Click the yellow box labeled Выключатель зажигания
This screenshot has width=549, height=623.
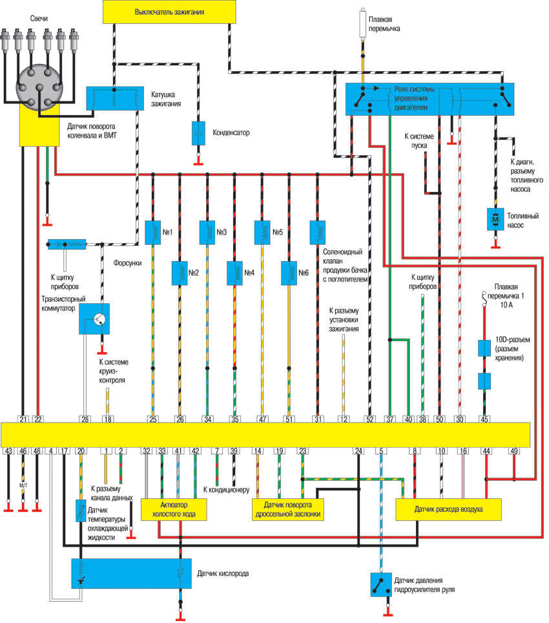click(x=169, y=12)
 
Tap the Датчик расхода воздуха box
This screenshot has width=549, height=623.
click(x=449, y=509)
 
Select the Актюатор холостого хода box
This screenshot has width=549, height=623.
click(x=174, y=509)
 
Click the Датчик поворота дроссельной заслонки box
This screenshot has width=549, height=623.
click(x=288, y=509)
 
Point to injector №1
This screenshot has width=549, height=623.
click(x=153, y=233)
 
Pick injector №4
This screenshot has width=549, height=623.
click(x=234, y=273)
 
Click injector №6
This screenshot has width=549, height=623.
click(x=289, y=273)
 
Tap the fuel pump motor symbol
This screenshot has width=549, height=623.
click(x=495, y=219)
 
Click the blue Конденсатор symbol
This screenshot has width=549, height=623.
click(x=198, y=132)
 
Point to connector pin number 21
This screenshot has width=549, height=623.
click(x=23, y=419)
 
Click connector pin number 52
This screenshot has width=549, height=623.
click(x=369, y=419)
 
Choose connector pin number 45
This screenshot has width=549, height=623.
click(x=484, y=419)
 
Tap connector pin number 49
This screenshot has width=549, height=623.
click(x=514, y=451)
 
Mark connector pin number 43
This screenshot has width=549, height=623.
click(x=8, y=451)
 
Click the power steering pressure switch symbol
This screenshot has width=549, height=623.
click(x=380, y=584)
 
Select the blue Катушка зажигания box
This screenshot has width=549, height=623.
click(x=115, y=98)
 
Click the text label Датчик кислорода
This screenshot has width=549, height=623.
click(x=223, y=573)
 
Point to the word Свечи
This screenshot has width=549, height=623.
click(x=39, y=18)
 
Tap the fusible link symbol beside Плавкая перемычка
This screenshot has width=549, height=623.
click(x=362, y=24)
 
